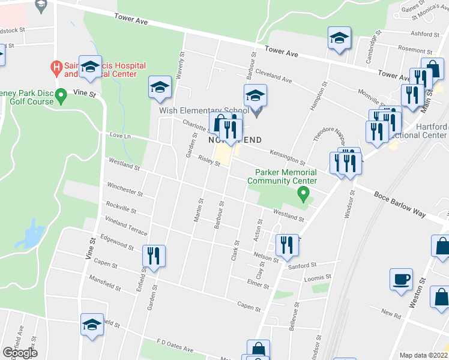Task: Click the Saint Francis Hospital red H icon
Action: [57, 66]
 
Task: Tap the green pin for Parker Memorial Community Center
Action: [304, 193]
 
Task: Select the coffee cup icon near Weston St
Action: [401, 279]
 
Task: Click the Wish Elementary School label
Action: [203, 110]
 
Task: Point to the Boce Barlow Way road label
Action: [400, 204]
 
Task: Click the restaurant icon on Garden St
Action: [154, 257]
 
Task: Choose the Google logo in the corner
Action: [20, 352]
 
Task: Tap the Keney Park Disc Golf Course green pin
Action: [61, 95]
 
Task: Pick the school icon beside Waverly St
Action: [160, 88]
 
